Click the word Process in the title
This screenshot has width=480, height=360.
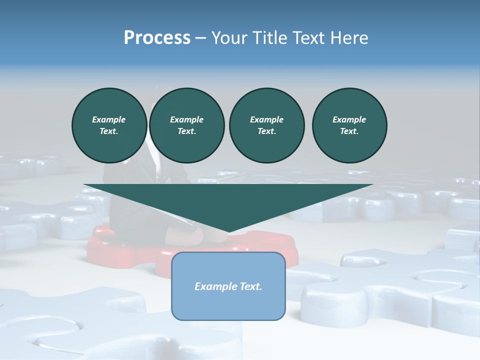click(x=157, y=37)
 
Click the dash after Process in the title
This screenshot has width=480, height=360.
click(x=201, y=38)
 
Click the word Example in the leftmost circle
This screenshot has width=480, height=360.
click(x=109, y=119)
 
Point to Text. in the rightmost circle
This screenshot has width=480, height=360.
click(x=349, y=131)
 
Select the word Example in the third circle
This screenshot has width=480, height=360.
click(x=266, y=119)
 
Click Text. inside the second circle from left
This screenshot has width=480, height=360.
click(x=186, y=131)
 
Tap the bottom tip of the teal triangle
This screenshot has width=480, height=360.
click(x=228, y=232)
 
